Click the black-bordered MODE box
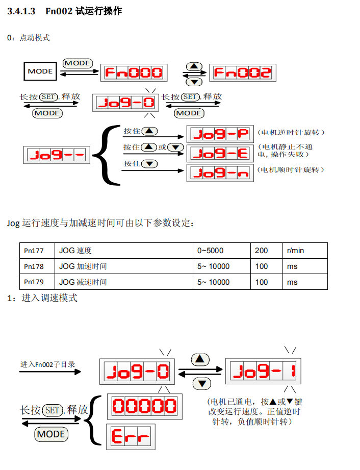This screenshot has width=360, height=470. tap(40, 71)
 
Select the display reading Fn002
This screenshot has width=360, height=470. tap(242, 72)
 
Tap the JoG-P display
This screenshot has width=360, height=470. tap(221, 134)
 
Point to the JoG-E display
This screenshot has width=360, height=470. tap(221, 153)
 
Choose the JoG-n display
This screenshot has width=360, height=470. tap(221, 173)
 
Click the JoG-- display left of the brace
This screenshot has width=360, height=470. tap(57, 155)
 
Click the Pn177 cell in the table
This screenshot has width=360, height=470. tap(34, 251)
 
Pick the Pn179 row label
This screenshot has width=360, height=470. tap(34, 282)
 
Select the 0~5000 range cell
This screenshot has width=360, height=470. tap(210, 251)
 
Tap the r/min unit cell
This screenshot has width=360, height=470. tap(296, 251)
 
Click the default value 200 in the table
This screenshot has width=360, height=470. tap(261, 251)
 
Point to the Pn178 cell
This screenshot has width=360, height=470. tap(34, 266)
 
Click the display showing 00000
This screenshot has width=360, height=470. tap(144, 406)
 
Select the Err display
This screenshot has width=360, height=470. tap(131, 437)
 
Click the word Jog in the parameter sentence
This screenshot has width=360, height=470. tap(13, 223)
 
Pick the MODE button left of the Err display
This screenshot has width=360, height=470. tap(51, 434)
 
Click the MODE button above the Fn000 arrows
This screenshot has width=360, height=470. tap(77, 63)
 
